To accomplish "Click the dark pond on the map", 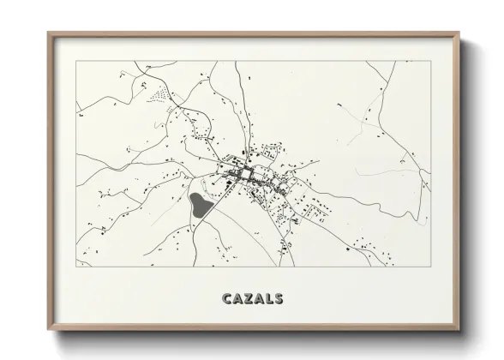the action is point(199,205).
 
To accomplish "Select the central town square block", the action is point(246,175).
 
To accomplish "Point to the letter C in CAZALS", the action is point(228,299).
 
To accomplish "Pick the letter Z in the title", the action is point(250,299).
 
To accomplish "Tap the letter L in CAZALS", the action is point(272,299).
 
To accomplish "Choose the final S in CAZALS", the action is point(283,299).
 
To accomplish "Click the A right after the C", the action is point(239,299).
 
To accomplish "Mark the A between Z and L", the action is point(261,299).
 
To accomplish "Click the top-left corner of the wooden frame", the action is point(48,33).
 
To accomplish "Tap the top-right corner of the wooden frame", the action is point(460,33).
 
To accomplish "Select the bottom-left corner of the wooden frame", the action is point(48,332).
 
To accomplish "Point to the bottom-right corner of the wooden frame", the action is point(460,332).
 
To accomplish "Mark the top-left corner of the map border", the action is point(76,61).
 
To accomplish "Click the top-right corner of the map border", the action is point(431,61).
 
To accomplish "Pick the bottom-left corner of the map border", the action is point(76,266).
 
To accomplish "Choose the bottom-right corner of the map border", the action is point(431,266).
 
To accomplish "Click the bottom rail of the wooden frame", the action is point(254,330).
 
